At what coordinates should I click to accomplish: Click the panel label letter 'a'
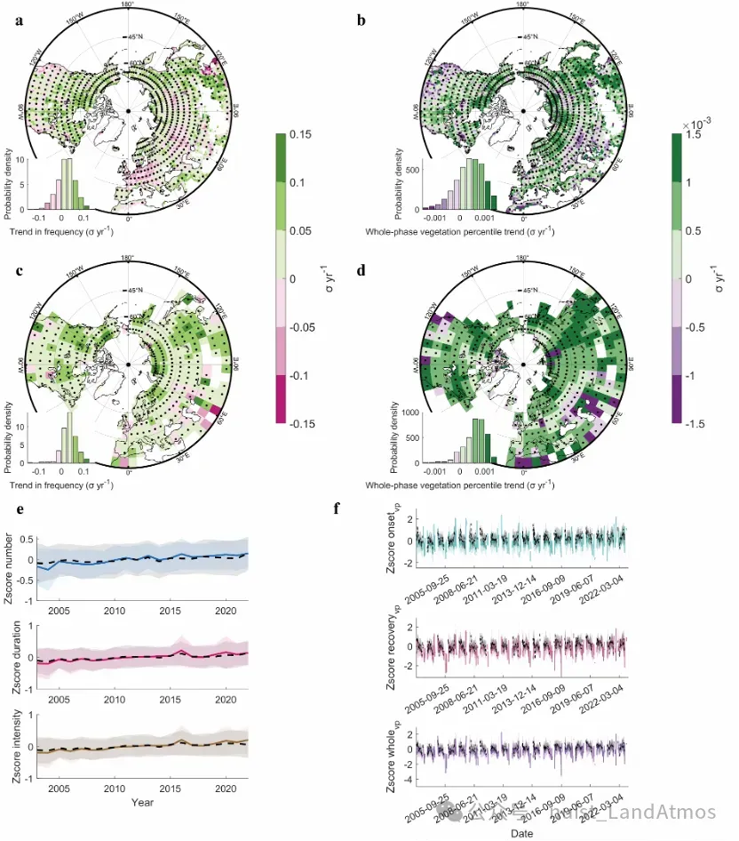(x=19, y=20)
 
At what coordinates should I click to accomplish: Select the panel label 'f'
(x=336, y=509)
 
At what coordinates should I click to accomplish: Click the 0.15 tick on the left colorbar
(x=300, y=135)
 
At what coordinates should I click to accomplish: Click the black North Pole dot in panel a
(x=129, y=110)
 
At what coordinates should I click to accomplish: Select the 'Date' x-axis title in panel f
(x=521, y=833)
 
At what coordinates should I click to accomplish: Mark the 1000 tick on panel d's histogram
(x=404, y=412)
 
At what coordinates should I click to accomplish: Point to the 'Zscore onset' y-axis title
(x=392, y=541)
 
